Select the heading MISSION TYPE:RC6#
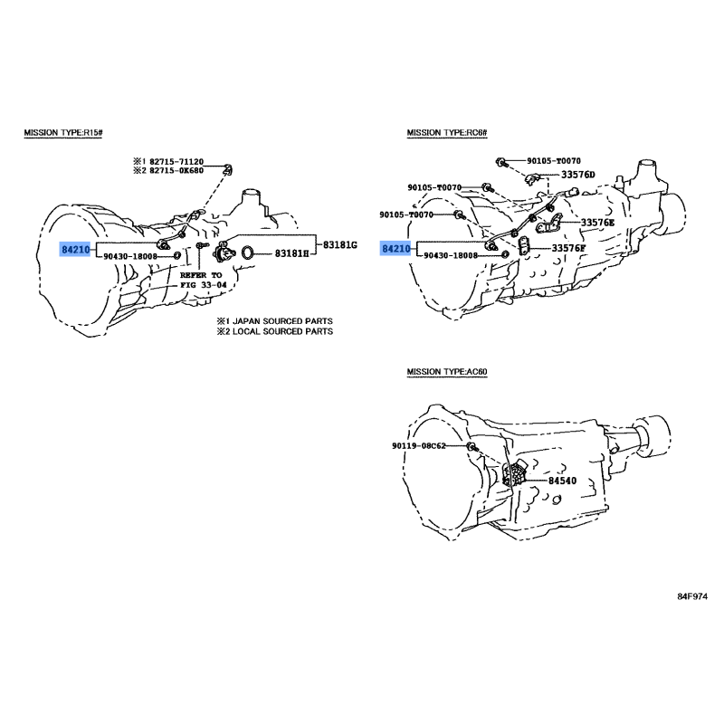(447, 133)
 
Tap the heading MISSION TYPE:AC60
(447, 372)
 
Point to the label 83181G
(341, 245)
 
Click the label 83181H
(291, 253)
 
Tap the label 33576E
(597, 222)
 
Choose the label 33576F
(568, 248)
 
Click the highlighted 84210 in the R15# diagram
(76, 247)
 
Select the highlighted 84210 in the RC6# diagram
(395, 247)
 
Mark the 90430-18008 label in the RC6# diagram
(456, 257)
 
